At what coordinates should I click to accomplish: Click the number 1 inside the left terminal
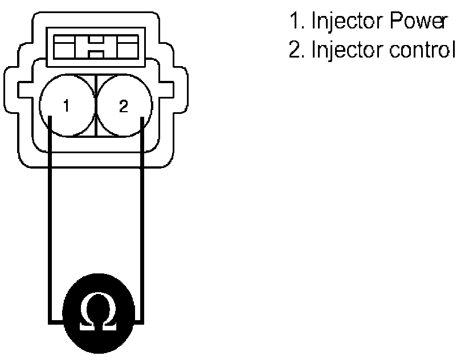coord(67,107)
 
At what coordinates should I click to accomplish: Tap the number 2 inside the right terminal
coord(123,107)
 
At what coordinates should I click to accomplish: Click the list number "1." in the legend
coord(296,22)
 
